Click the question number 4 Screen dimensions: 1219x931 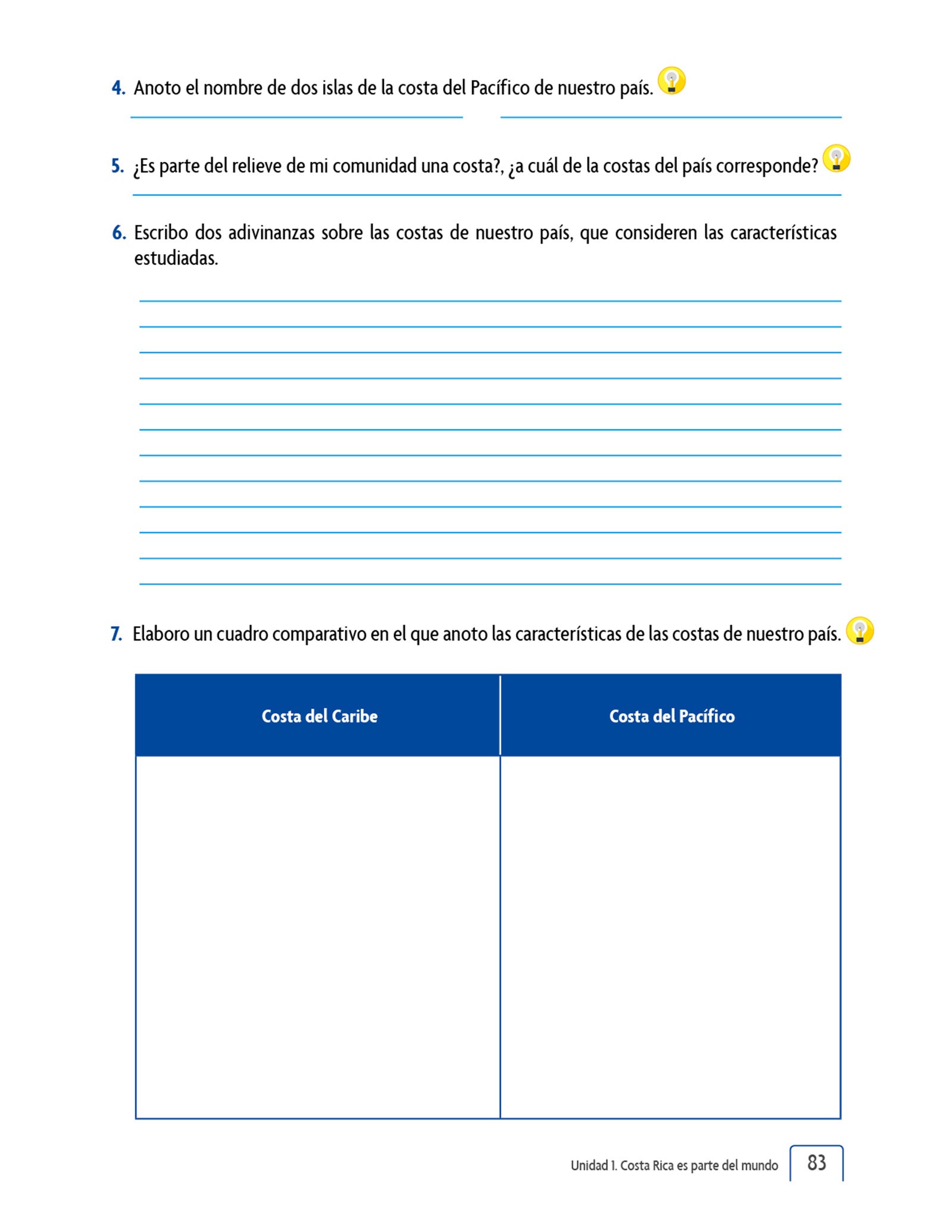click(x=118, y=88)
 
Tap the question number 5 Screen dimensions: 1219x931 click(x=118, y=166)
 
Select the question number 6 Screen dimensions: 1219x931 click(x=119, y=233)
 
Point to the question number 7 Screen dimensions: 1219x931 click(x=117, y=634)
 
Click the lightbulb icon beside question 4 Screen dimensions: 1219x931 click(x=671, y=81)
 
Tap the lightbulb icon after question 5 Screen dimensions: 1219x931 click(x=836, y=159)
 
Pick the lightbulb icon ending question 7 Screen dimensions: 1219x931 click(x=859, y=630)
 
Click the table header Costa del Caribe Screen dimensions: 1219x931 click(x=320, y=716)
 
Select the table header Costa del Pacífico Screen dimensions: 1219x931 click(x=671, y=716)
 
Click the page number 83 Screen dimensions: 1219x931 click(x=816, y=1162)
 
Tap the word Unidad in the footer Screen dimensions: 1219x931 click(x=589, y=1165)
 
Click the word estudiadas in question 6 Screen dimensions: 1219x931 click(x=176, y=259)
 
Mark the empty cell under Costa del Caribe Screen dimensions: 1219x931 click(x=318, y=937)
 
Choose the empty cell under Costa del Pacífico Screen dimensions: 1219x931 click(x=670, y=937)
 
